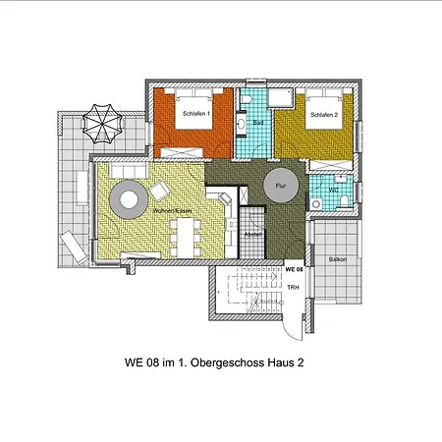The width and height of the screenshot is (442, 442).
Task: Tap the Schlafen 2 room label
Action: (324, 114)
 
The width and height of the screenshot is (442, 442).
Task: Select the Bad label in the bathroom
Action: (256, 123)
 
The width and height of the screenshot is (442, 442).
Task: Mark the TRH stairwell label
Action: (293, 288)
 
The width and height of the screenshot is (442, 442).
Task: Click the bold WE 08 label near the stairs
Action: (294, 268)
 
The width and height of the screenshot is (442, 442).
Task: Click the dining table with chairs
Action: (187, 234)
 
